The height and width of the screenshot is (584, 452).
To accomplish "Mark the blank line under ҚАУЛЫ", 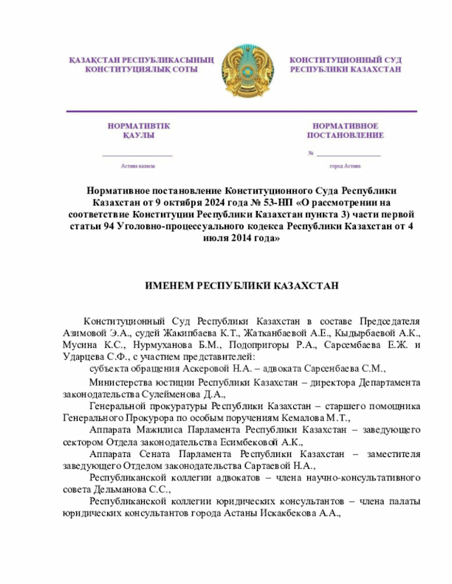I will tap(138, 154).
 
